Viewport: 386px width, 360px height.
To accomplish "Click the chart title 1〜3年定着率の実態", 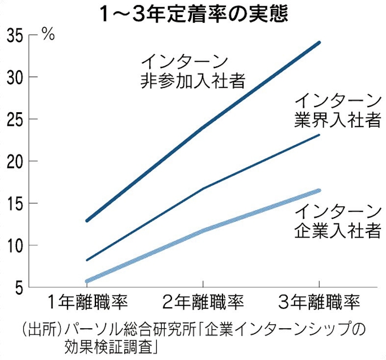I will pos(193,12).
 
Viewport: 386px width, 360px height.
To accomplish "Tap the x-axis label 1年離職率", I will pos(87,301).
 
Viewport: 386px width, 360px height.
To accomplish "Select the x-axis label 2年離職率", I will pos(203,301).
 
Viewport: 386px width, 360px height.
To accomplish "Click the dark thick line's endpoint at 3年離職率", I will pos(319,43).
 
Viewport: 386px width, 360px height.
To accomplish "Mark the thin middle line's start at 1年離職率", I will pos(87,260).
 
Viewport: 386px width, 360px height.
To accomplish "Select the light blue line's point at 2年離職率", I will pos(203,231).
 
